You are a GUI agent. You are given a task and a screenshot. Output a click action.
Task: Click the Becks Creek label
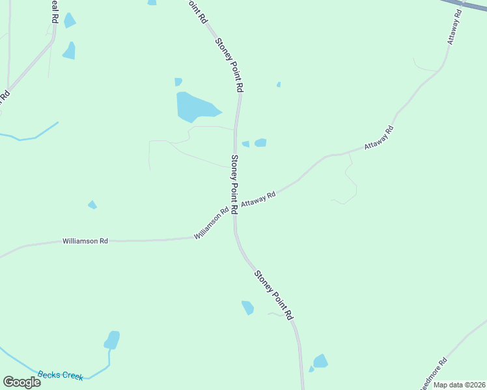[x=61, y=375]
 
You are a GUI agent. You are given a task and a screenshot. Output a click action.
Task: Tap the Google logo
[x=21, y=382]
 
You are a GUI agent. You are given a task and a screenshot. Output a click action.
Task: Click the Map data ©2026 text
[x=460, y=385]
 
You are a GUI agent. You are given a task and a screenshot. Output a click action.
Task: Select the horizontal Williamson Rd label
[x=85, y=241]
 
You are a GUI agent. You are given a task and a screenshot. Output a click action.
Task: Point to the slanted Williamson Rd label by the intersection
[x=212, y=223]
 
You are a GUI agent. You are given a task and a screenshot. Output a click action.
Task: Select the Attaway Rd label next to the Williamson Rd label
[x=258, y=200]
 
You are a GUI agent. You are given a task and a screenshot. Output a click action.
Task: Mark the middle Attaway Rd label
[x=380, y=138]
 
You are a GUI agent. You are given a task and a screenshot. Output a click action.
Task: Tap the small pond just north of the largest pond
[x=178, y=82]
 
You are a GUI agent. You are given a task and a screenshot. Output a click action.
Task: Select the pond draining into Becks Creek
[x=112, y=340]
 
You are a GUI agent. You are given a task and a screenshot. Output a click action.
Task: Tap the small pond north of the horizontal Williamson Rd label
[x=92, y=205]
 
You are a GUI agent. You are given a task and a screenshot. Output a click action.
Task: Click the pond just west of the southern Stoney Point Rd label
[x=247, y=307]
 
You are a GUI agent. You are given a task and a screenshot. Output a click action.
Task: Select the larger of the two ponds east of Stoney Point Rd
[x=260, y=142]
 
